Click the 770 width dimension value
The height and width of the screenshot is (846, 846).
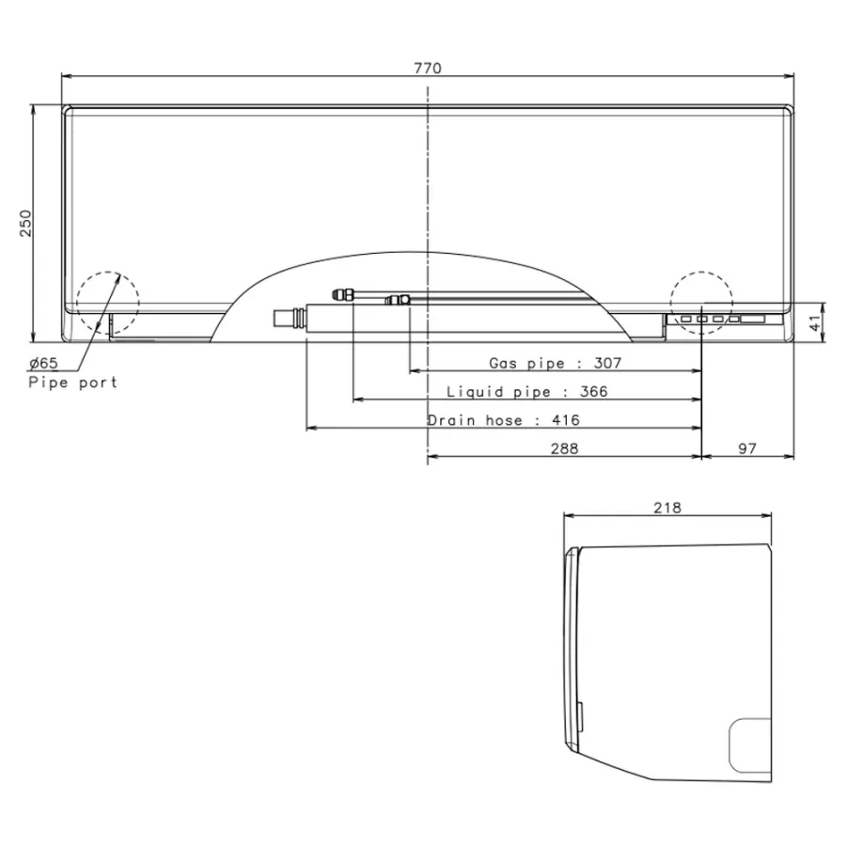click(x=428, y=68)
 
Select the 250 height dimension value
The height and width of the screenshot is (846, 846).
click(x=26, y=223)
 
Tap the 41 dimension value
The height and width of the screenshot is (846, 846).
click(x=815, y=322)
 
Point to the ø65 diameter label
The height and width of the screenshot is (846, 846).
click(x=43, y=363)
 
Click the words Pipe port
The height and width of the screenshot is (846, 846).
click(x=72, y=383)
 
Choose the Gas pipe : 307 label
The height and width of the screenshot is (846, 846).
click(x=556, y=363)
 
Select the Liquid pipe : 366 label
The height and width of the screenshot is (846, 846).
click(x=527, y=392)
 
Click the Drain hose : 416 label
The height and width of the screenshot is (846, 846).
click(x=504, y=420)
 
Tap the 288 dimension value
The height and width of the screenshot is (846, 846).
click(x=564, y=449)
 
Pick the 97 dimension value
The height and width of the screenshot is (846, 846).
click(x=747, y=449)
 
